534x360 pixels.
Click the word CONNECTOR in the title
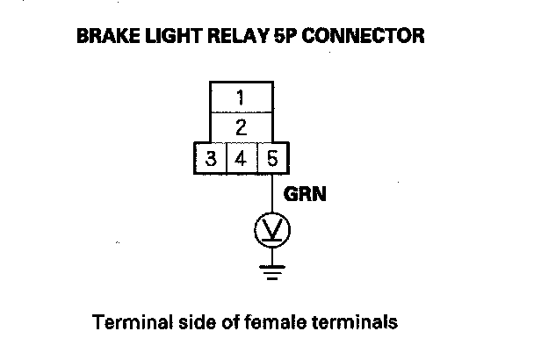click(x=363, y=36)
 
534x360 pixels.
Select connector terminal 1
click(x=242, y=97)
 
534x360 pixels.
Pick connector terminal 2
click(x=242, y=127)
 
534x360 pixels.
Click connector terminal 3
click(x=211, y=158)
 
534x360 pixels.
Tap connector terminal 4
click(x=242, y=158)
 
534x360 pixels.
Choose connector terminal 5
click(x=272, y=158)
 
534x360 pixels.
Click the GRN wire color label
click(x=305, y=194)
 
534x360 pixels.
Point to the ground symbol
click(x=272, y=272)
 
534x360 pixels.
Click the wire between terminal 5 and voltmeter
click(x=272, y=193)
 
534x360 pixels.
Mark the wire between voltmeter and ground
click(x=272, y=256)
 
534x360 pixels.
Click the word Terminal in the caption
click(x=133, y=322)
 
